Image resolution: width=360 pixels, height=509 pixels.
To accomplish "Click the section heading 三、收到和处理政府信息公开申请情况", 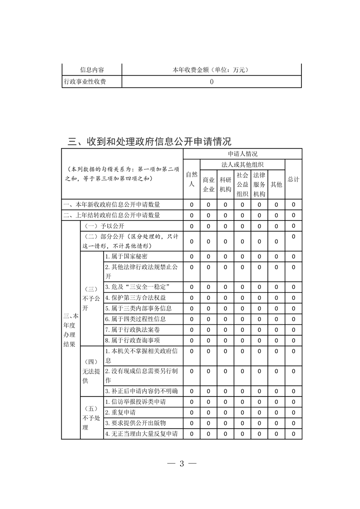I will (x=149, y=142).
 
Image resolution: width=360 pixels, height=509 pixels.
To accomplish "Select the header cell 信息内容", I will (x=92, y=70).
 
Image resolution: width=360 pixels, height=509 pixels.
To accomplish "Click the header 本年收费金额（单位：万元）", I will (x=212, y=70).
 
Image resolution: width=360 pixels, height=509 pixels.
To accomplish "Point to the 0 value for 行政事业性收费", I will (x=212, y=82).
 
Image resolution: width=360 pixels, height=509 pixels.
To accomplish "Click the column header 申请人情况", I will (x=242, y=154).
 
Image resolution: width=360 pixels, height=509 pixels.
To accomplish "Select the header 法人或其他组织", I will (x=242, y=164).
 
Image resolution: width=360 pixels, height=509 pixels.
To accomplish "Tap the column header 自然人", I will (x=192, y=179).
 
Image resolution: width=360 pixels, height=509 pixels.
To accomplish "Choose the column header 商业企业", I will (x=208, y=184).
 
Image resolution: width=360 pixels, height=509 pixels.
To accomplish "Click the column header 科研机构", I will (x=226, y=184).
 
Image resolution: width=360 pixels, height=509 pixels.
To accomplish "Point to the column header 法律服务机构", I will (x=259, y=184).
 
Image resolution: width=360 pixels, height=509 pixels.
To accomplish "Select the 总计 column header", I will (x=294, y=179).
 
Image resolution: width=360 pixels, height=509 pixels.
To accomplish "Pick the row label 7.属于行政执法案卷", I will (x=129, y=329).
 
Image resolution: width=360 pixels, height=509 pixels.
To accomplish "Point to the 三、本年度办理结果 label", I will (x=71, y=329).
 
